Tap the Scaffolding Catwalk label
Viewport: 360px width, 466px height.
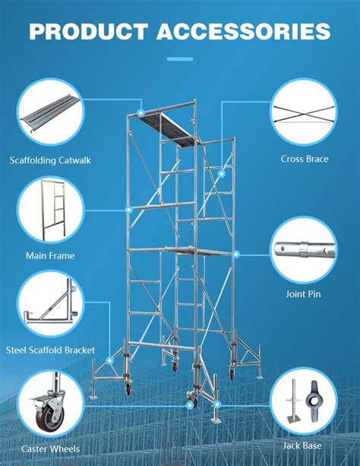pos(50,160)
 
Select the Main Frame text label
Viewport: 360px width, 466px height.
pos(50,256)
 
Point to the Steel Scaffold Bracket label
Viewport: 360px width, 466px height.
pos(51,350)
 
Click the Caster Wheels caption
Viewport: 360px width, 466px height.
pos(51,449)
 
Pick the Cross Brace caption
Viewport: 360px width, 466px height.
pos(305,159)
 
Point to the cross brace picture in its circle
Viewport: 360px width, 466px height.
pos(305,112)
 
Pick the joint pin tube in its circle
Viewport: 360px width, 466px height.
pos(305,249)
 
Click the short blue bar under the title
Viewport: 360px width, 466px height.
pos(180,58)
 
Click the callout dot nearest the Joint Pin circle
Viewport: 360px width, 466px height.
pos(236,253)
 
